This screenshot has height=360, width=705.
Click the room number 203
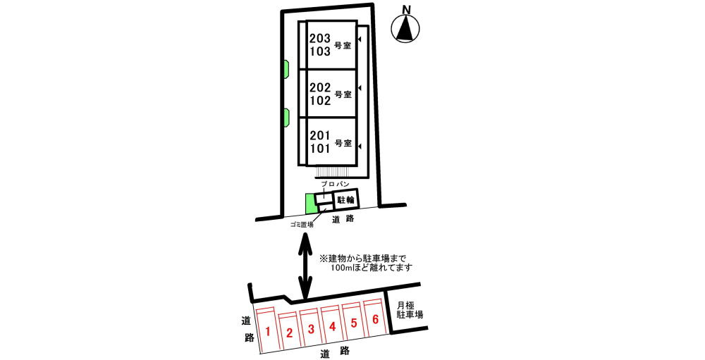(x=320, y=39)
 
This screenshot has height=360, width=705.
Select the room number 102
(x=320, y=101)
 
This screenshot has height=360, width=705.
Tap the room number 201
(x=320, y=135)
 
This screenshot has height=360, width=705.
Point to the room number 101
(x=320, y=149)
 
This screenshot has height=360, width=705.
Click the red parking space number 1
(x=268, y=332)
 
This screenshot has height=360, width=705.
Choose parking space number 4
(x=332, y=327)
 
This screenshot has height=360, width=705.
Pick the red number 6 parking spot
(x=376, y=319)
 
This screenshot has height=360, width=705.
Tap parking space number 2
(x=290, y=333)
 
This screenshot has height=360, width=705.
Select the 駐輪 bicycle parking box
(x=346, y=200)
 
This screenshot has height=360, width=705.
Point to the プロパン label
(x=335, y=185)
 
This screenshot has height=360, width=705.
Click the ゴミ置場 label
(x=301, y=225)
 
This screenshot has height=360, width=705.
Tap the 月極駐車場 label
(x=410, y=310)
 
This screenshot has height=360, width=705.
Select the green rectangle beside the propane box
(x=309, y=204)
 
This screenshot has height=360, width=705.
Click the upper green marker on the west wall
(x=286, y=70)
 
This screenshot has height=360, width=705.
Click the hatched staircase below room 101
(x=333, y=172)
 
